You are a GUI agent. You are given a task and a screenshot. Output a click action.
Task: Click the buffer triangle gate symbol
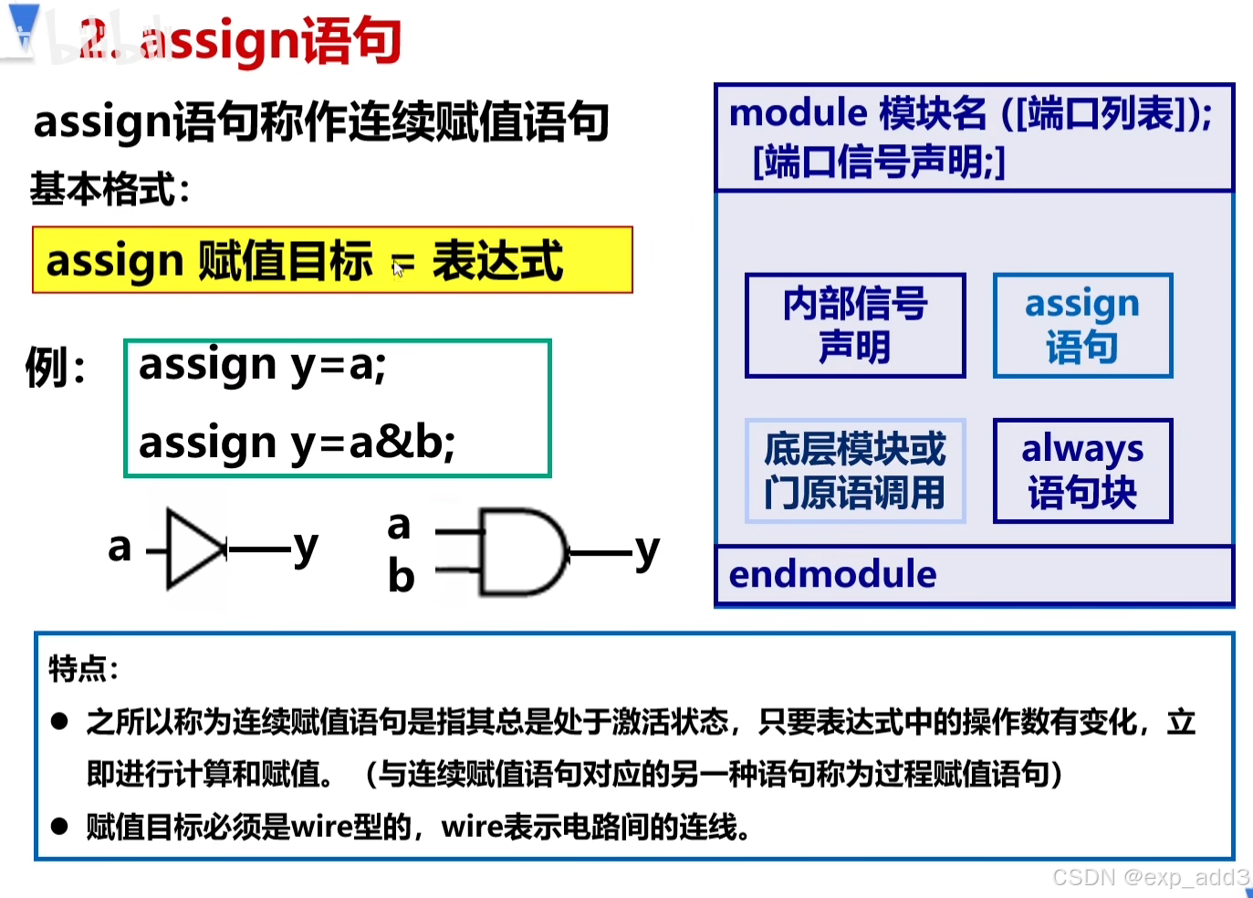click(x=194, y=548)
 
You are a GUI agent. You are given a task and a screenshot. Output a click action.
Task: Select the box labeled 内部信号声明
click(x=855, y=325)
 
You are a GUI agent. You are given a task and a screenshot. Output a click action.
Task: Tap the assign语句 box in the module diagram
click(x=1082, y=325)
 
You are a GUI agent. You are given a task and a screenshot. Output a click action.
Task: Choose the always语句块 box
click(x=1082, y=471)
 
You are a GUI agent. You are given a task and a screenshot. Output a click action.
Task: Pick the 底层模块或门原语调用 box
click(x=855, y=471)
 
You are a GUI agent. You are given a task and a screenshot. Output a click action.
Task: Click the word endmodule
click(x=832, y=575)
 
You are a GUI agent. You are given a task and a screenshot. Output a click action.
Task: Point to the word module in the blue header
click(x=798, y=113)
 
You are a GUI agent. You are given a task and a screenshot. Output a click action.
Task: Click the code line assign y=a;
click(x=263, y=366)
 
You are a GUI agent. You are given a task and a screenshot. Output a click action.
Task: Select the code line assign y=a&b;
click(x=297, y=443)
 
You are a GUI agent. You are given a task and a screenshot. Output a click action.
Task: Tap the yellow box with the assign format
click(x=332, y=260)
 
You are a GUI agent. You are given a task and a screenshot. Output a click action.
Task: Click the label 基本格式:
click(x=110, y=190)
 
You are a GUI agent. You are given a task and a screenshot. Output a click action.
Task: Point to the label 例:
click(x=56, y=368)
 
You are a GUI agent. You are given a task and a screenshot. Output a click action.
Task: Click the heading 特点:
click(x=83, y=669)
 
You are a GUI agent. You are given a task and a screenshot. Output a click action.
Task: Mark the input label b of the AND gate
click(x=401, y=577)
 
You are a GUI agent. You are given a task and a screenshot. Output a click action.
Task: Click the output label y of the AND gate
click(x=647, y=550)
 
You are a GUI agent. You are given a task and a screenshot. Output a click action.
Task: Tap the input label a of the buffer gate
click(x=120, y=548)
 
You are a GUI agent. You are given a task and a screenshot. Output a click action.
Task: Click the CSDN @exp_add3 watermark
click(x=1150, y=877)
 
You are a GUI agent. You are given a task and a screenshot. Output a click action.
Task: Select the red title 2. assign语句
click(x=241, y=40)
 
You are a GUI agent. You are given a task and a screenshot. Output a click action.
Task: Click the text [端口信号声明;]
click(x=879, y=162)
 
